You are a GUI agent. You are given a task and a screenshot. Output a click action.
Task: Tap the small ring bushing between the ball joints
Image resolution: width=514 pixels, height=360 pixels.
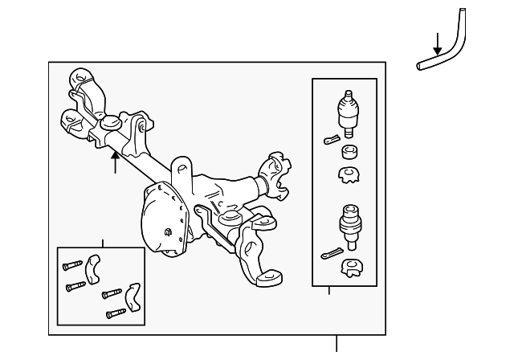point(349,153)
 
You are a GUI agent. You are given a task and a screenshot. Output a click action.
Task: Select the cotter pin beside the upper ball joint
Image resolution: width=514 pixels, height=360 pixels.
point(331,139)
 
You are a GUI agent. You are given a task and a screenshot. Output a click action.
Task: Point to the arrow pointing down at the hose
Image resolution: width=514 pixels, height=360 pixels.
point(437,43)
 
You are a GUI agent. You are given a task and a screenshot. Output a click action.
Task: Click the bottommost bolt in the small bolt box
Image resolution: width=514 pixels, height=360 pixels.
point(116,311)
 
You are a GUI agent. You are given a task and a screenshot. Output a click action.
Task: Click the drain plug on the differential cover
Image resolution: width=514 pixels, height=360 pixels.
point(167,233)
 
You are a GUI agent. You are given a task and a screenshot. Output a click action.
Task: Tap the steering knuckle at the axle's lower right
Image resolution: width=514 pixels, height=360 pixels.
point(257,249)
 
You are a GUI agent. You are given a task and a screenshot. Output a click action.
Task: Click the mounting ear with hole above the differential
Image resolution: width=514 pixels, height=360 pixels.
point(182,171)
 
